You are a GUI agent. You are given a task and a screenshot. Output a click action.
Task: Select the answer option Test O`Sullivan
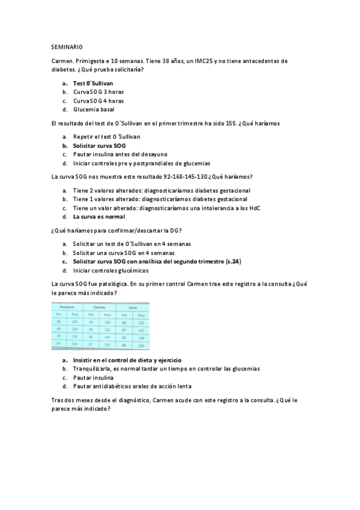tap(93, 83)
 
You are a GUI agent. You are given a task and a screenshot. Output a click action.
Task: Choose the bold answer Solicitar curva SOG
tap(99, 146)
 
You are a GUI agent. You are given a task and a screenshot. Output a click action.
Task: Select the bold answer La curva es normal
tap(99, 217)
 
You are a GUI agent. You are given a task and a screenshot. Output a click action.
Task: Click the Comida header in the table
tap(99, 307)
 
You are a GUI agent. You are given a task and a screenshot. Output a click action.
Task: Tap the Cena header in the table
tap(132, 307)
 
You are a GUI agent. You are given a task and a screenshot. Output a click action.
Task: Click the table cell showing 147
tap(108, 337)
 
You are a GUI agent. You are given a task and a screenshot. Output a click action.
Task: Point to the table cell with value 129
tap(141, 345)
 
